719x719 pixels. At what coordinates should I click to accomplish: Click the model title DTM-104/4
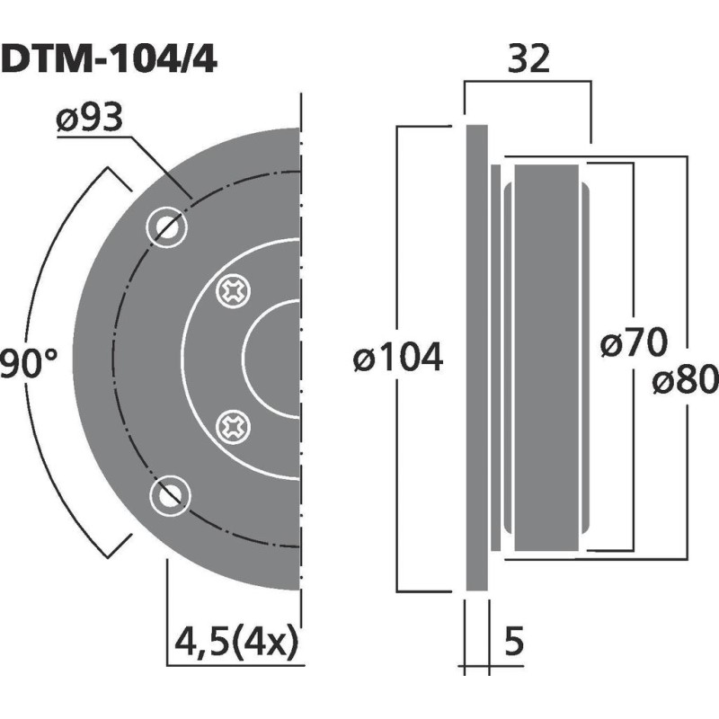(x=108, y=60)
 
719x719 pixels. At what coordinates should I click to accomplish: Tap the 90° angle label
(x=27, y=364)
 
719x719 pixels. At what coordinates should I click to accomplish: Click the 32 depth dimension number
(x=528, y=60)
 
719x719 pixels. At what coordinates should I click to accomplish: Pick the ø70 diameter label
(x=633, y=343)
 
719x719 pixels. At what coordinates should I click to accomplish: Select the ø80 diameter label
(x=685, y=381)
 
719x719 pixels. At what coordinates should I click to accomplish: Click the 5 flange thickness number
(x=514, y=644)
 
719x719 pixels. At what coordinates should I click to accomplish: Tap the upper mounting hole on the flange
(x=168, y=226)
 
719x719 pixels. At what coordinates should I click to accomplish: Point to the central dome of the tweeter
(x=274, y=358)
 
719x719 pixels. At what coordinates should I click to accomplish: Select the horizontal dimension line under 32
(x=528, y=83)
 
